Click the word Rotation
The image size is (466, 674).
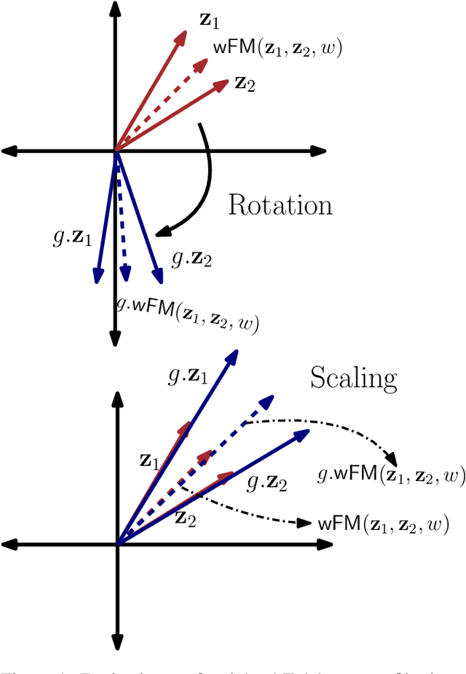point(280,205)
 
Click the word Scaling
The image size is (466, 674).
point(354,378)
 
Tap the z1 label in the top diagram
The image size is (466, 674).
point(209,20)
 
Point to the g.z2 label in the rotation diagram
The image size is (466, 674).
point(191,258)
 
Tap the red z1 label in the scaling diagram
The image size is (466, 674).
point(149,460)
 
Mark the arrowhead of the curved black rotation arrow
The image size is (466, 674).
point(160,234)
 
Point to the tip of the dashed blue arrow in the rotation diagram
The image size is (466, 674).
point(125,279)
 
